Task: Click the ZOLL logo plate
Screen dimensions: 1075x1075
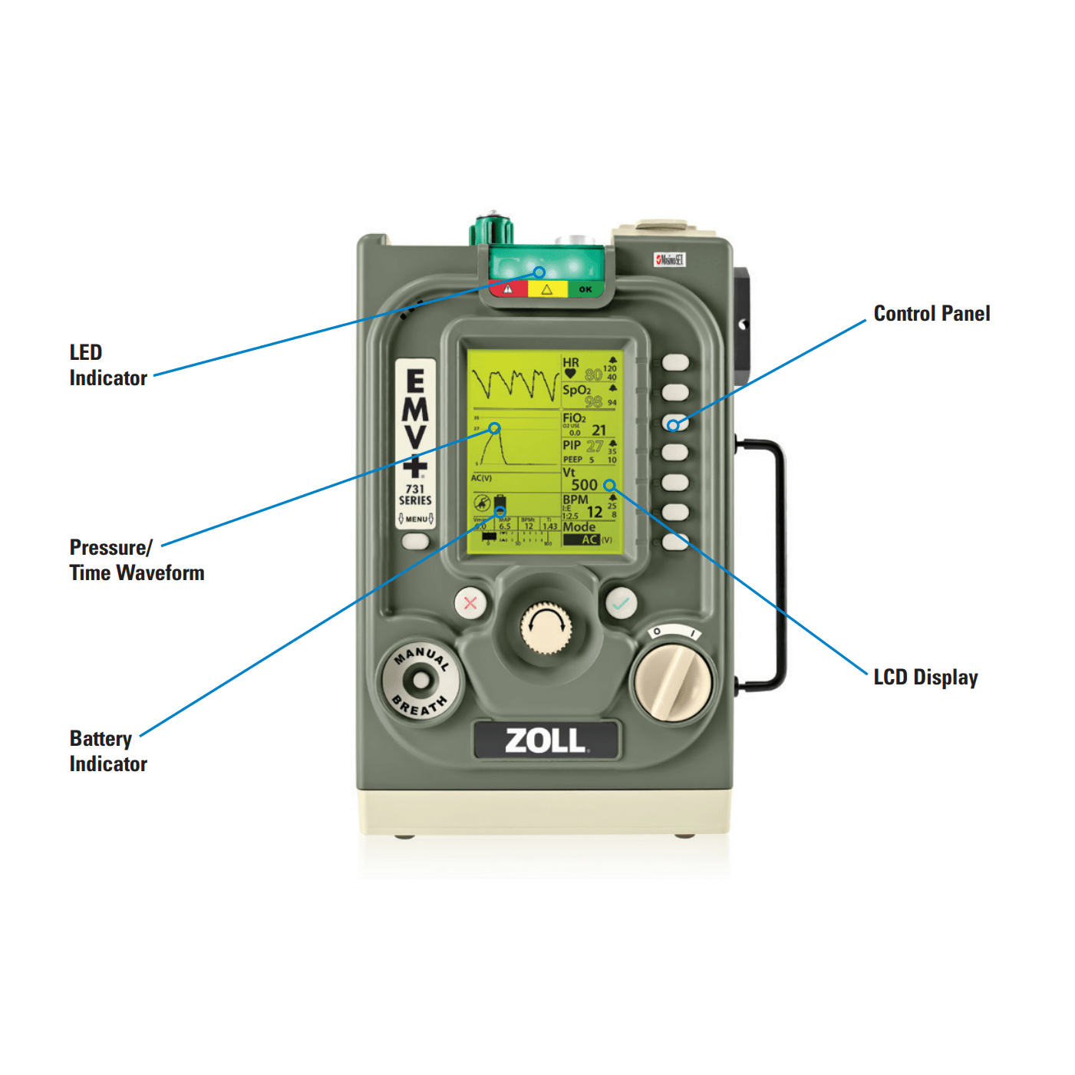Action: point(545,740)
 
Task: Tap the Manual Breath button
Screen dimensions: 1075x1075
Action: point(420,680)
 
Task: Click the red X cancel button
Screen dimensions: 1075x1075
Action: point(470,603)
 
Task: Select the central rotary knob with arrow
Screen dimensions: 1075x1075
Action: point(546,628)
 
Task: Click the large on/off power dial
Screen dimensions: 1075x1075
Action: point(671,682)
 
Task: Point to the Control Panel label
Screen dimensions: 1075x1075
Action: point(932,314)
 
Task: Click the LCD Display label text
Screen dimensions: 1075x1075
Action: point(925,678)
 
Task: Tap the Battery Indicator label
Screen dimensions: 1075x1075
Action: point(107,751)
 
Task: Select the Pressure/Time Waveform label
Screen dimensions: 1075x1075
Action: point(137,560)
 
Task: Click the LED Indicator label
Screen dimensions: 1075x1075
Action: point(107,365)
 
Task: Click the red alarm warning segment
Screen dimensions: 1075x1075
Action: point(508,289)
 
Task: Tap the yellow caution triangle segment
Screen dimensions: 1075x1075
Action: point(547,289)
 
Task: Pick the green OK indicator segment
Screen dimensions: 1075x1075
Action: point(585,289)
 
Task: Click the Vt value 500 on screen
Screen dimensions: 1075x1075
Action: point(584,485)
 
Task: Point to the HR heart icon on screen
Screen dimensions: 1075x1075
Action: point(570,374)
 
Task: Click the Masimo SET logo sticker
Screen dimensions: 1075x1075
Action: point(669,260)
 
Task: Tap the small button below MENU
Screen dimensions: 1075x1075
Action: point(415,541)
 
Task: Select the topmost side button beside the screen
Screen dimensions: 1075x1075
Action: point(675,362)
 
